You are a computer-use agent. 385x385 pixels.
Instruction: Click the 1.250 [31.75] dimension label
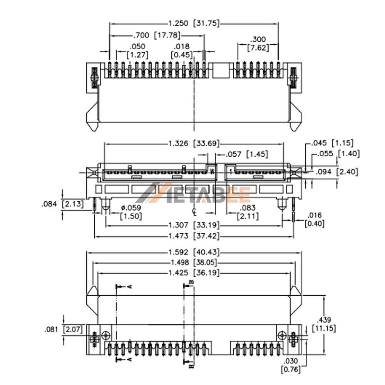point(194,23)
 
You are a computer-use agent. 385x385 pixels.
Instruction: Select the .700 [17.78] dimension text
point(157,35)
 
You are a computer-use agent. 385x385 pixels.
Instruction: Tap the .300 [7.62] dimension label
point(258,44)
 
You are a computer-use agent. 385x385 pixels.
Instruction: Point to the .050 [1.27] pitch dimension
point(137,51)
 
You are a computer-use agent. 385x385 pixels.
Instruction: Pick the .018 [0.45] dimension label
point(182,51)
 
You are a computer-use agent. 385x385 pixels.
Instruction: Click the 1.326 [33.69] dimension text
point(194,143)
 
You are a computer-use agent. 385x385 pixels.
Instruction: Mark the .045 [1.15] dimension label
point(332,143)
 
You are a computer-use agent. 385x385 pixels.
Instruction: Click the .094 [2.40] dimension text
point(336,172)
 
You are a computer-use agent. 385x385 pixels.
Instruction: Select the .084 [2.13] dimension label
point(62,204)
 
